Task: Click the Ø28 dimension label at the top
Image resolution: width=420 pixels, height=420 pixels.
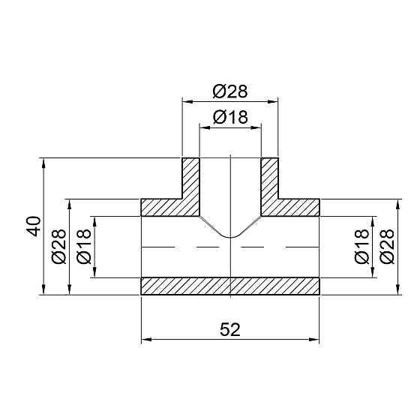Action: coord(230,91)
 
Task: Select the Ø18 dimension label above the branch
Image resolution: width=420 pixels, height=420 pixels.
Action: coord(230,117)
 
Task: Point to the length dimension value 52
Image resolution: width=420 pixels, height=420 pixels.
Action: coord(230,329)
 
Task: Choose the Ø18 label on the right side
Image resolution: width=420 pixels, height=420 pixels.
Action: coord(361,247)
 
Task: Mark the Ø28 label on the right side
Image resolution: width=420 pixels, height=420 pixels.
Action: coord(387,247)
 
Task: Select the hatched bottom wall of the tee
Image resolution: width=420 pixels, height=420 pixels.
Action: coord(230,286)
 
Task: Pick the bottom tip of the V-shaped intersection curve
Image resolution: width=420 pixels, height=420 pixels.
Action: coord(230,239)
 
